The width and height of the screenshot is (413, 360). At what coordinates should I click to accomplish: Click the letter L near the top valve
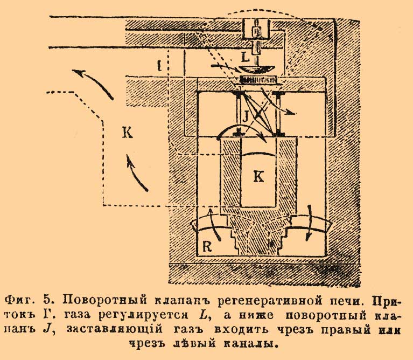245,56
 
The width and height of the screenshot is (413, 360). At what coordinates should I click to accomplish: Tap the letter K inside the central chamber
258,176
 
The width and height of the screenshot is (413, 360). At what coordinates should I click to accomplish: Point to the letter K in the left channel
128,133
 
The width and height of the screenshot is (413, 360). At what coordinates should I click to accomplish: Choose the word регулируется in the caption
165,314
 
